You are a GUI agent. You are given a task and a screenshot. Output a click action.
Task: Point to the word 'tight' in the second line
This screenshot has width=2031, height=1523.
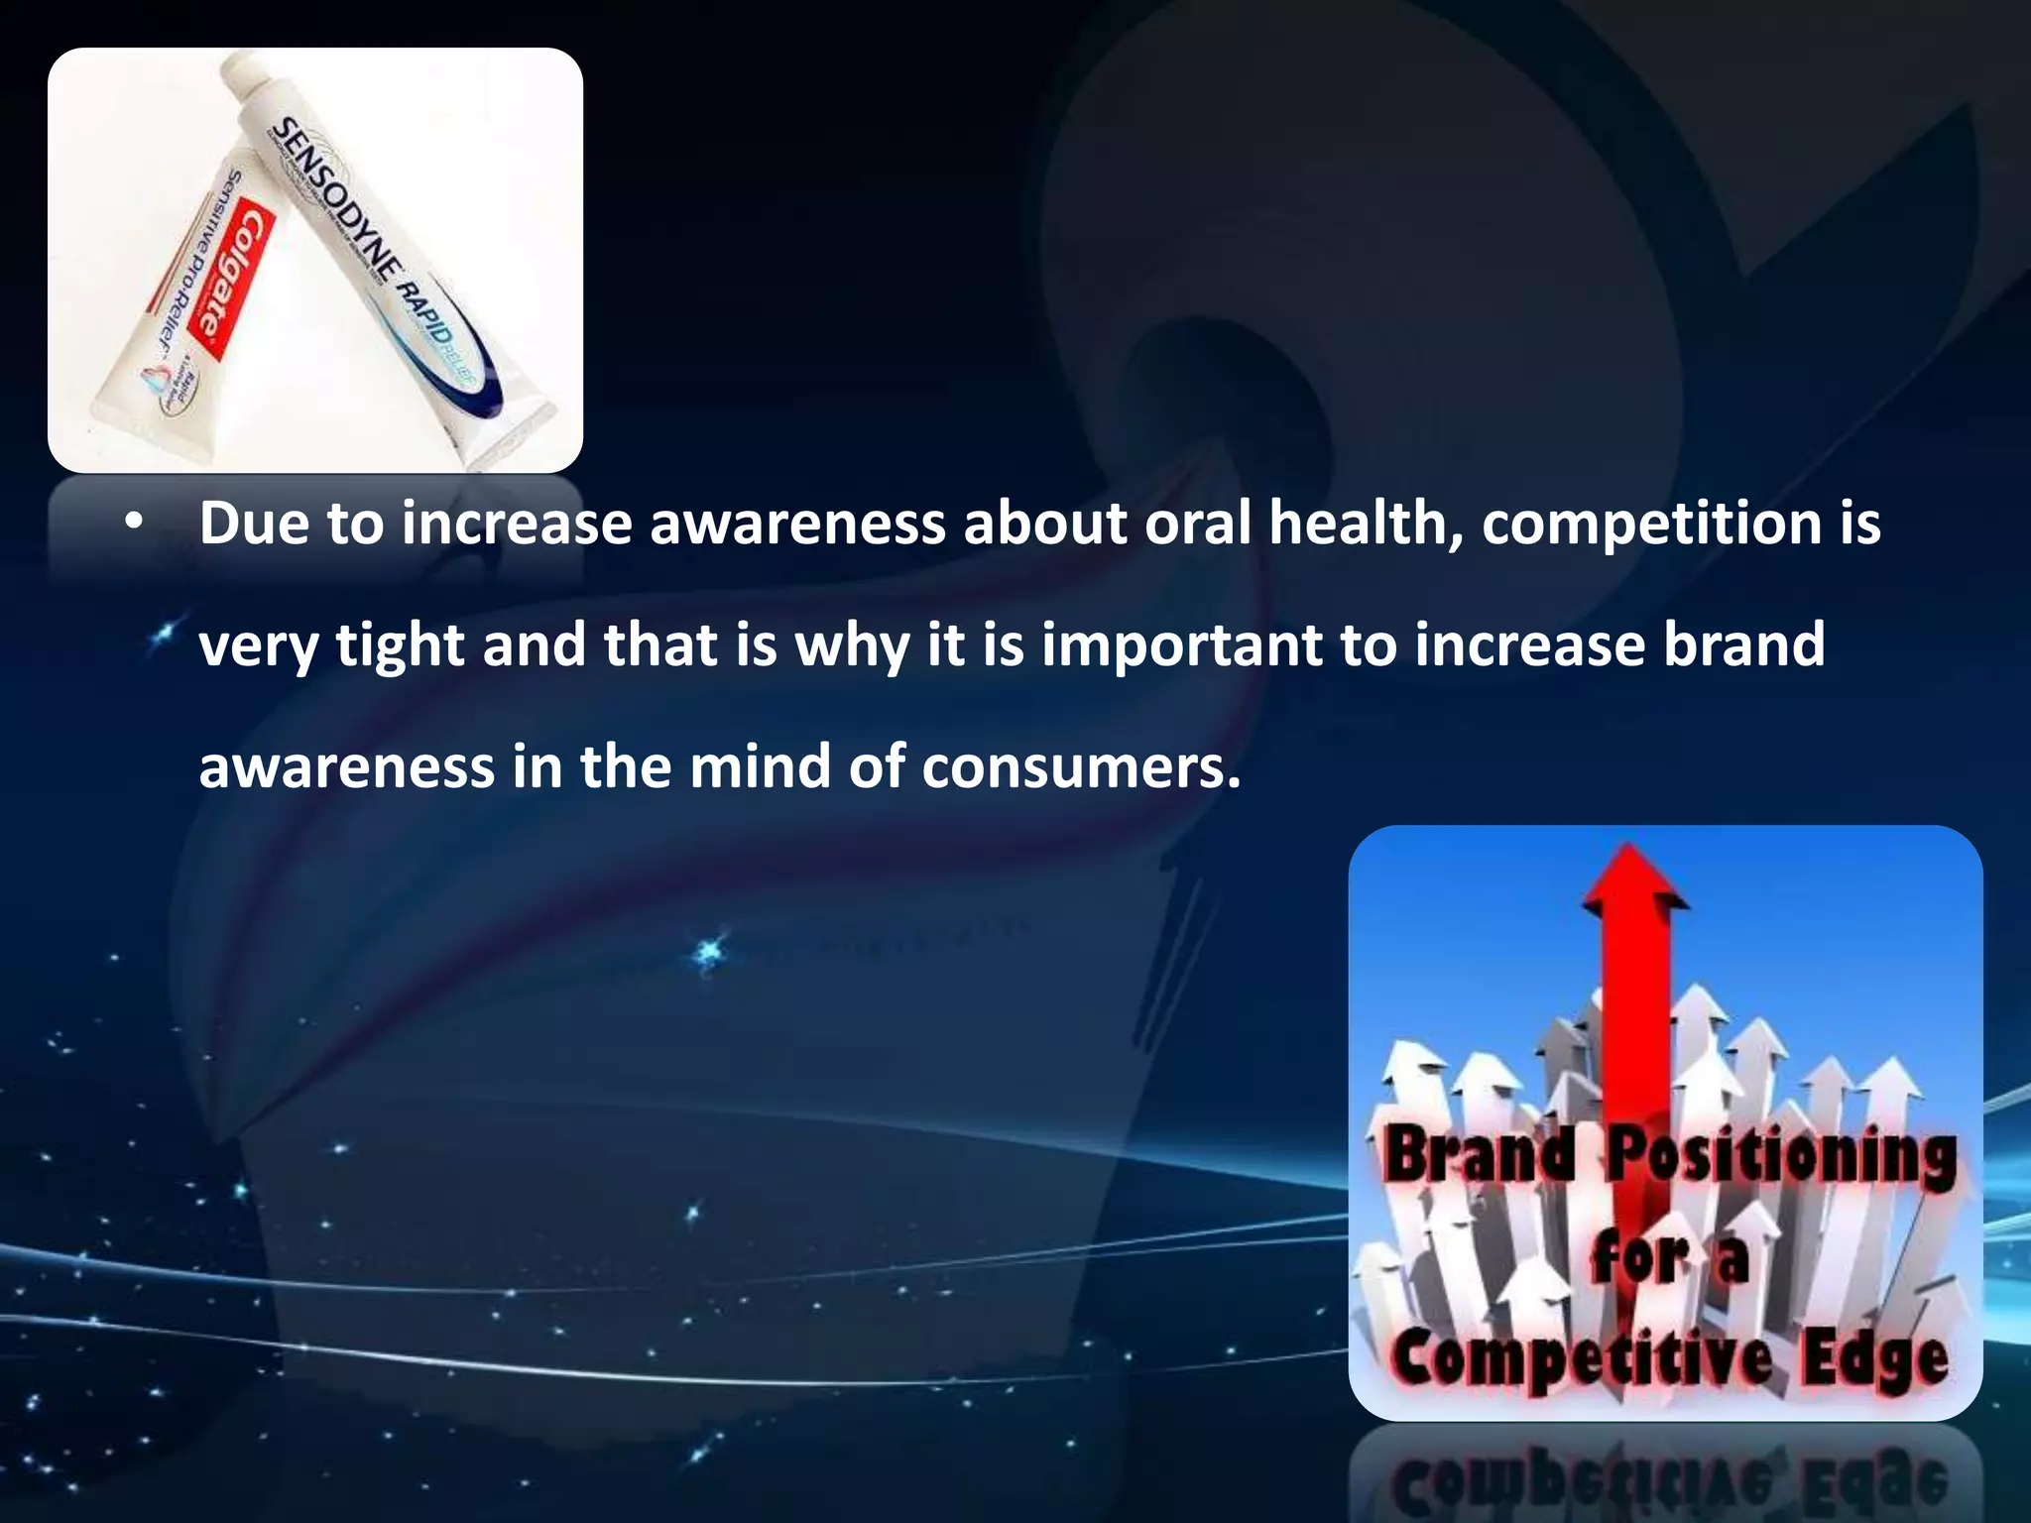[x=400, y=646]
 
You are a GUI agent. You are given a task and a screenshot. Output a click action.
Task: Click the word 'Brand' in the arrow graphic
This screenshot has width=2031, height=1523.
[x=1478, y=1155]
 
